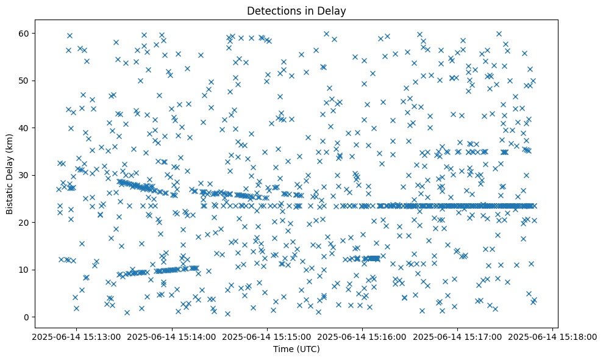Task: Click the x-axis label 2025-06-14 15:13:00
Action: point(77,337)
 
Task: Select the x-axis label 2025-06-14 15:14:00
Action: point(172,337)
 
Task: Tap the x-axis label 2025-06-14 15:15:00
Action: point(267,337)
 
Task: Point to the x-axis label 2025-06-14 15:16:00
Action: point(362,337)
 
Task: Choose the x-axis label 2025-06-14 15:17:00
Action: point(457,337)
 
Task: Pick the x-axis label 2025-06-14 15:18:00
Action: point(552,337)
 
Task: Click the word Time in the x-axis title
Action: point(284,349)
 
